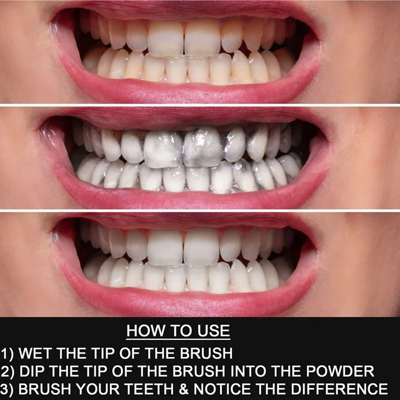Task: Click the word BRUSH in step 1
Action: tap(206, 353)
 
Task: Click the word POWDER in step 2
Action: tap(340, 371)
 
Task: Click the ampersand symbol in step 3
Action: tap(184, 389)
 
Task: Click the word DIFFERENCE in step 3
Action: tap(339, 389)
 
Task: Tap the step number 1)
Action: tap(7, 354)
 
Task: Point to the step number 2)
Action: tap(7, 371)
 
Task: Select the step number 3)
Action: tap(7, 389)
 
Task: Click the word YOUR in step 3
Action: tap(98, 389)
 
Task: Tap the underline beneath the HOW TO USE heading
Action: tap(178, 339)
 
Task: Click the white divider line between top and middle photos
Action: tap(200, 105)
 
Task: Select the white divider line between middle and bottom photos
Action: tap(200, 211)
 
